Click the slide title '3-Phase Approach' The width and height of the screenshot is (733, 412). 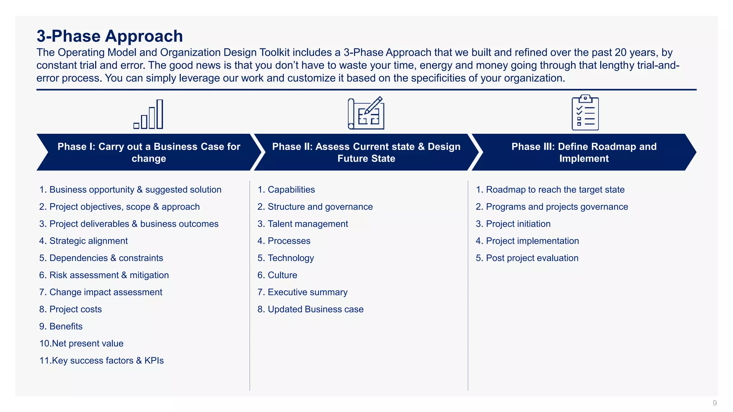click(110, 36)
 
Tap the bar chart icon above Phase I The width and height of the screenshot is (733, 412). click(149, 114)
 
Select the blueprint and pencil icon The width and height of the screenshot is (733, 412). click(366, 113)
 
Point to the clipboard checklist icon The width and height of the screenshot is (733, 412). click(585, 113)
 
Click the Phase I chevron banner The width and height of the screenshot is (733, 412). click(149, 152)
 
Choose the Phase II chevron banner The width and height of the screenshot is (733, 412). click(366, 152)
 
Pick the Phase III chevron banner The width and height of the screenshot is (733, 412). click(584, 152)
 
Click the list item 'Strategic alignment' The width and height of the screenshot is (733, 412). click(88, 241)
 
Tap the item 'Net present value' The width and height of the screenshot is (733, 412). click(87, 344)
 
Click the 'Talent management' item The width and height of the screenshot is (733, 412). click(307, 224)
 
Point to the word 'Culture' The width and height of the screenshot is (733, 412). click(282, 275)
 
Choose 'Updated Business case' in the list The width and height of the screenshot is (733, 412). click(315, 309)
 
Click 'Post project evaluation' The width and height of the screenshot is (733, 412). click(532, 258)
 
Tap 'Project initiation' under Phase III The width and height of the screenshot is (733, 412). click(518, 224)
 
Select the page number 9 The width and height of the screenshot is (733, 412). click(714, 403)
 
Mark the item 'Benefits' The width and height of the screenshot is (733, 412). click(66, 327)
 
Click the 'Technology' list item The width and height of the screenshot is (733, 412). click(291, 258)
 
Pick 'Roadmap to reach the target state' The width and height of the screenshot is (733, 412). click(555, 190)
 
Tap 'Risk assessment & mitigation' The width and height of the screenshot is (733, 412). click(109, 275)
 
